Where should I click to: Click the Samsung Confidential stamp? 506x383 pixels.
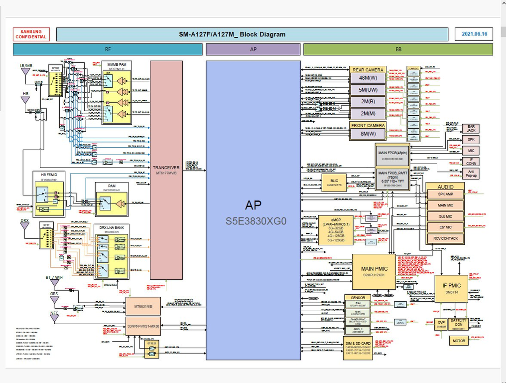click(x=31, y=34)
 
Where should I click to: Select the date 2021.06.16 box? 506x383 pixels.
click(x=474, y=34)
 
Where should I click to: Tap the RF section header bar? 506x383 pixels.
click(x=108, y=49)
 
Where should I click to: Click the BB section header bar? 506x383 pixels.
click(x=398, y=49)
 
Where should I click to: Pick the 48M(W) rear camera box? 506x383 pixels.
click(x=368, y=78)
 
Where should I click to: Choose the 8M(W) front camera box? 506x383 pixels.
click(x=368, y=134)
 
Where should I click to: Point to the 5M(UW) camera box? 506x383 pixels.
click(x=368, y=90)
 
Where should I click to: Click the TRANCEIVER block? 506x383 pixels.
click(x=166, y=170)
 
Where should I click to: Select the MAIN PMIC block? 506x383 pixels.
click(x=374, y=272)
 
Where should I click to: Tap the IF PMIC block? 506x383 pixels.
click(x=451, y=288)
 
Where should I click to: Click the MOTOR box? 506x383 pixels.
click(x=459, y=341)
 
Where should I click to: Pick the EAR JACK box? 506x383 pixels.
click(x=471, y=128)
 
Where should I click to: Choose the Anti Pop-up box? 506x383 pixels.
click(x=471, y=174)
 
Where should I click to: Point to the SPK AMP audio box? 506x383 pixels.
click(x=445, y=194)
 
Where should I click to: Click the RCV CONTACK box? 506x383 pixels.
click(x=445, y=238)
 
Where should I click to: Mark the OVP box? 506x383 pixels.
click(x=441, y=324)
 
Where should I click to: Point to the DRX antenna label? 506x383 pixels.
click(x=24, y=220)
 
